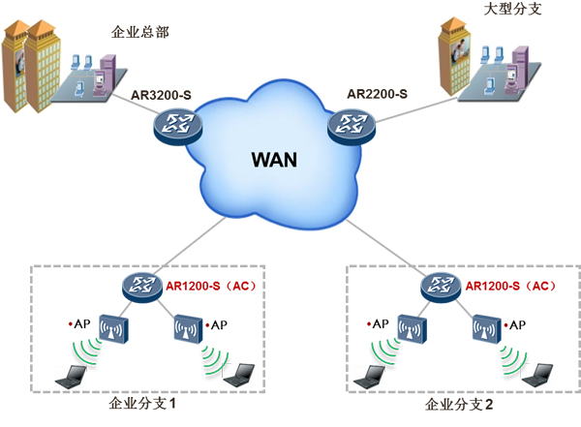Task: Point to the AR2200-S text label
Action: [x=376, y=94]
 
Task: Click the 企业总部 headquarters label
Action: [x=139, y=32]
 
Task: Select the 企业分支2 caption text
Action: [x=458, y=403]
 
